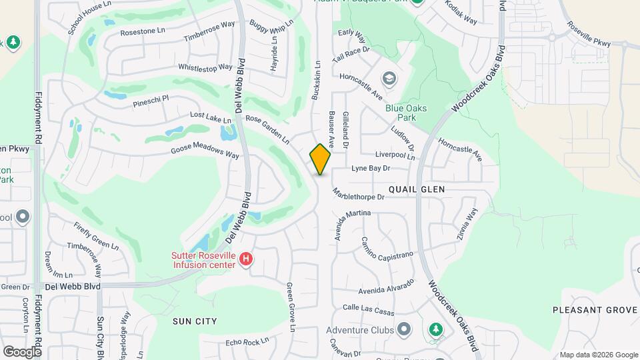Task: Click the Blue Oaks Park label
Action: [405, 113]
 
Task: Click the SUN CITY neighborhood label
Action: [195, 321]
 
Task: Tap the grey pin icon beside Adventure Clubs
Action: [403, 329]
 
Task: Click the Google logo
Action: [22, 351]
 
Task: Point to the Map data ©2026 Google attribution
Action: [598, 355]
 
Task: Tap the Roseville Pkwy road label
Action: [589, 35]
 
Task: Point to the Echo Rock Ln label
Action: [247, 341]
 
